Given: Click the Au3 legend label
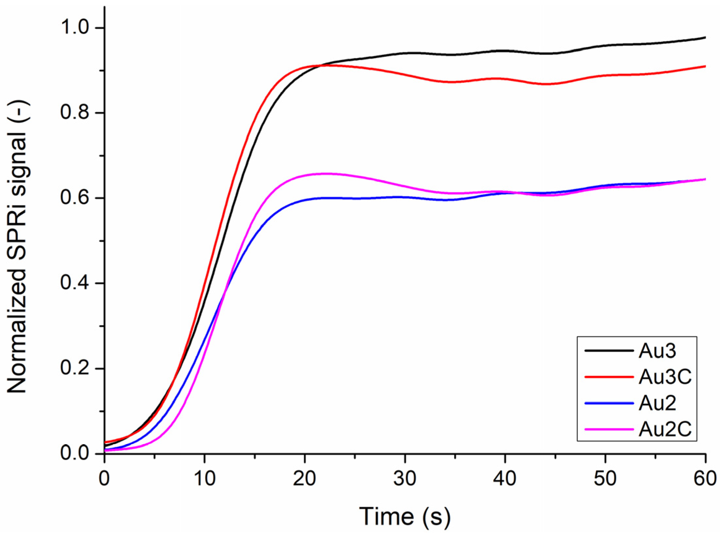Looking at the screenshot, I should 657,351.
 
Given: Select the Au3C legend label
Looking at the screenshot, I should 665,377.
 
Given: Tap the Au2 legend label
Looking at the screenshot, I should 657,403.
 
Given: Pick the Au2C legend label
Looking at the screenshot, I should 665,429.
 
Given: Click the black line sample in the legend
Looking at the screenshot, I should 609,351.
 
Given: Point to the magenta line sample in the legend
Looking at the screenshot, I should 609,429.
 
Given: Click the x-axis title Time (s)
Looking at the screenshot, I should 405,517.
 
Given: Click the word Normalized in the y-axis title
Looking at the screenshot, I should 17,330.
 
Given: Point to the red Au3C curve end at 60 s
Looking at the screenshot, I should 705,66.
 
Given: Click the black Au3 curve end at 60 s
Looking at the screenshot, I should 705,38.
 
